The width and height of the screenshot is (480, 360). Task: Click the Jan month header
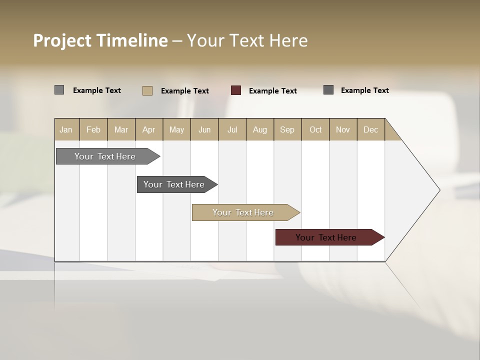tap(66, 129)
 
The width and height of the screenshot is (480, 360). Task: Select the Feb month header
tap(93, 129)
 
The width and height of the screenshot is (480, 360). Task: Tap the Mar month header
tap(121, 129)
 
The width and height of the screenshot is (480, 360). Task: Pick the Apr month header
tap(149, 129)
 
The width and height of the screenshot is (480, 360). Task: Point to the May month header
tap(176, 129)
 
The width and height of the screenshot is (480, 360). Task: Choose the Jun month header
tap(204, 129)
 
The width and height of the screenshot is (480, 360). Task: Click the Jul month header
tap(232, 129)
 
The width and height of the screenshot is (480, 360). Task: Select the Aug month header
tap(260, 129)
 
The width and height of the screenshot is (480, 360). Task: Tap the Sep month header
tap(287, 129)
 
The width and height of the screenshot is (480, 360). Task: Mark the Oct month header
tap(315, 129)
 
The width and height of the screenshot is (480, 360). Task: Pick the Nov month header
tap(343, 129)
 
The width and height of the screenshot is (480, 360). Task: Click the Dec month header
tap(371, 129)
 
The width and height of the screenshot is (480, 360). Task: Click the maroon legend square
tap(236, 90)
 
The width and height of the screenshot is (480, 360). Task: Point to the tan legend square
tap(147, 90)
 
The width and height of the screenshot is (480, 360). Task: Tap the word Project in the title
tap(62, 40)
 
